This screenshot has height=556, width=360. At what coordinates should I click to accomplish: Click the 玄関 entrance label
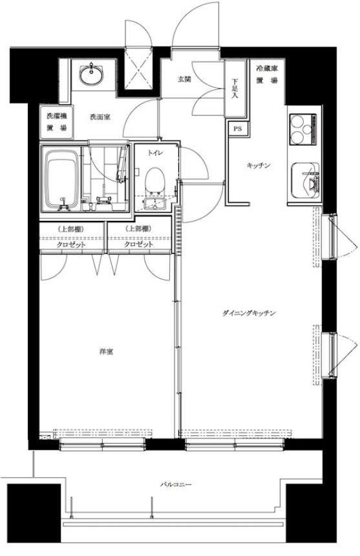[185, 79]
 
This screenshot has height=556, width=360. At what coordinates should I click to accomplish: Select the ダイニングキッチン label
[249, 313]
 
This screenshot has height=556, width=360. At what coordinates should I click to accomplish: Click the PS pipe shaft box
[237, 129]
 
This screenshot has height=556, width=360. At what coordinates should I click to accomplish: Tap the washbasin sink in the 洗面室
[92, 74]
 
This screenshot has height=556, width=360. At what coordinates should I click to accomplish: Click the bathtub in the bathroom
[60, 179]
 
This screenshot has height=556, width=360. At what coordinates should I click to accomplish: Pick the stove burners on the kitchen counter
[302, 129]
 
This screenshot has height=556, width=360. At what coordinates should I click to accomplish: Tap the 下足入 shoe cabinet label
[235, 88]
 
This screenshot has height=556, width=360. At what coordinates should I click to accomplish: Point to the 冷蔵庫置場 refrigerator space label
[267, 75]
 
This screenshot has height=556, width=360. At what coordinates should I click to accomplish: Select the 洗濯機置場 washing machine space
[57, 122]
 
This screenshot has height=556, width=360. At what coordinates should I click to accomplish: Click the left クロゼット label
[71, 245]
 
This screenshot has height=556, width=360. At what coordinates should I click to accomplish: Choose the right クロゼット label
[139, 245]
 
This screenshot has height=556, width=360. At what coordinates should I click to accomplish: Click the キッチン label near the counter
[259, 165]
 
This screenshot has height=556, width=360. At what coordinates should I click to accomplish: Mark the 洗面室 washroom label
[100, 117]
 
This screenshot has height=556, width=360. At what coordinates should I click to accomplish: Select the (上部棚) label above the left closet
[70, 229]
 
